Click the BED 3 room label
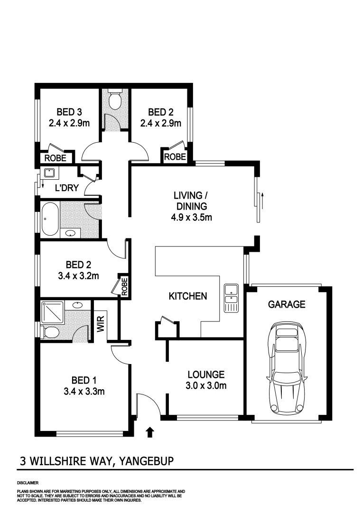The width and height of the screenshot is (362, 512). [x=69, y=112]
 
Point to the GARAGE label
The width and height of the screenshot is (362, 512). [x=287, y=304]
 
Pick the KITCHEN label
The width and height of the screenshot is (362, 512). [x=188, y=296]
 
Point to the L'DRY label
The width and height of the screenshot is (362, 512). [x=66, y=188]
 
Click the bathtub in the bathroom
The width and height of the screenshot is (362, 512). [x=50, y=219]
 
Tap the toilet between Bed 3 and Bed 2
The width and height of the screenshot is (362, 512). [x=115, y=100]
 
